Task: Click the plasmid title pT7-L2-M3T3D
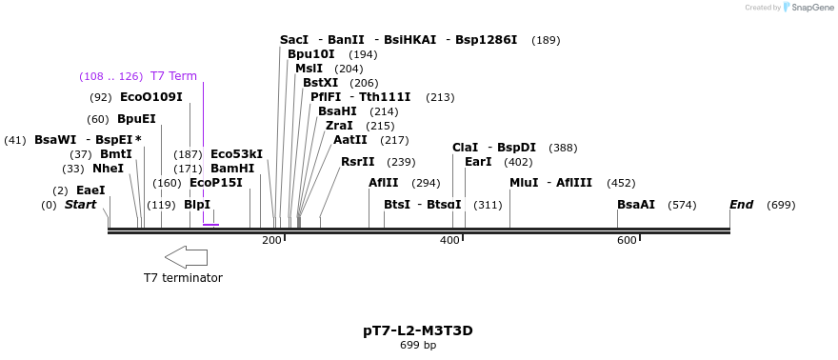[x=417, y=330]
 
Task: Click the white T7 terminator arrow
[x=186, y=256]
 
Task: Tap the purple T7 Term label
[x=173, y=76]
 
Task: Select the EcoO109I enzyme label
[x=150, y=97]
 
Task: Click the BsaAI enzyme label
[x=636, y=205]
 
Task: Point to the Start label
[x=81, y=205]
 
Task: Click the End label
[x=741, y=205]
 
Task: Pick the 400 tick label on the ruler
[x=449, y=240]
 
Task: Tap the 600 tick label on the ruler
[x=626, y=240]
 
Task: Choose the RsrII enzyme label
[x=358, y=162]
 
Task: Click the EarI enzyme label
[x=478, y=162]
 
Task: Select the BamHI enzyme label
[x=232, y=169]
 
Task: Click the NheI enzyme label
[x=108, y=169]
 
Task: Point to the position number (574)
[x=682, y=205]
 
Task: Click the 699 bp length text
[x=417, y=345]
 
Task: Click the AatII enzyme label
[x=350, y=140]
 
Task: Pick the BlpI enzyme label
[x=197, y=205]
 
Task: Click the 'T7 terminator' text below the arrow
[x=183, y=278]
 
